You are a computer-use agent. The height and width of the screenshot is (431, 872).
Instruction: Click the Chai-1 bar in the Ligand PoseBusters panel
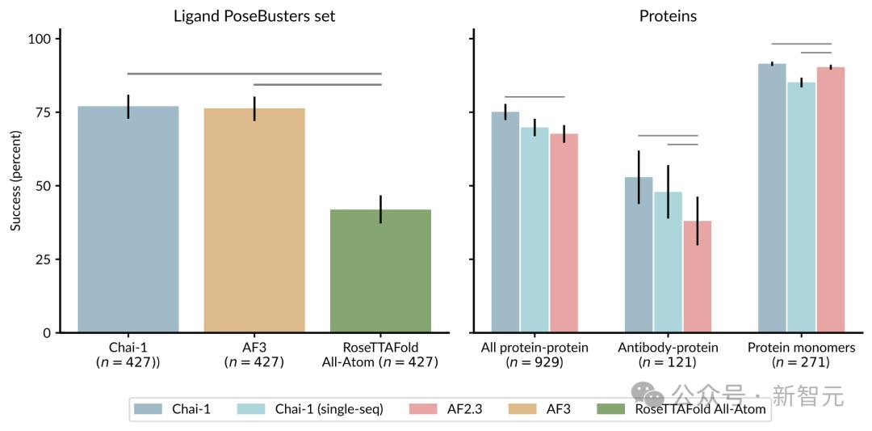point(128,218)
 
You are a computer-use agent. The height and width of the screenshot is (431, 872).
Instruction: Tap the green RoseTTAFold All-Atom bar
point(380,271)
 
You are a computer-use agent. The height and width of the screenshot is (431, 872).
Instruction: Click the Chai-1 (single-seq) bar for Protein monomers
point(801,207)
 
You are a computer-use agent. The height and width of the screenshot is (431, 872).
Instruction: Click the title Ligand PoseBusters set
point(254,15)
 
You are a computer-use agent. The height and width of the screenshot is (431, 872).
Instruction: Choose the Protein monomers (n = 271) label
point(801,355)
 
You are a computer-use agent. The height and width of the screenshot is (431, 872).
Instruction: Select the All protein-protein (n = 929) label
point(535,355)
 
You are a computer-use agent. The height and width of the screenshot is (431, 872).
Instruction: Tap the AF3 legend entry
point(558,409)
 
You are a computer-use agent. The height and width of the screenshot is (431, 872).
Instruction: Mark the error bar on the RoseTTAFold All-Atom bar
point(380,209)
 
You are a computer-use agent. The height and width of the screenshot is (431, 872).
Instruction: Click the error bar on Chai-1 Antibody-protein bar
point(639,177)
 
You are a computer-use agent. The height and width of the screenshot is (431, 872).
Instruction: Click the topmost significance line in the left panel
point(254,74)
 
